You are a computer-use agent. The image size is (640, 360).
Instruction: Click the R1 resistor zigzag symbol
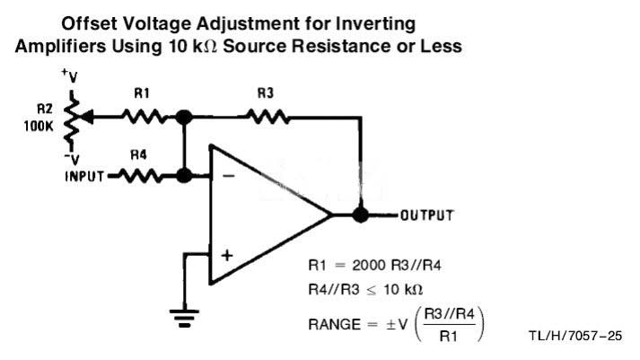(145, 117)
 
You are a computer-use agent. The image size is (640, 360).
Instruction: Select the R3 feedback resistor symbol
(267, 117)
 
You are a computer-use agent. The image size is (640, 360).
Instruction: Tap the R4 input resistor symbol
(140, 176)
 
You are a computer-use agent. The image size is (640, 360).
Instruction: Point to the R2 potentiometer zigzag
(72, 119)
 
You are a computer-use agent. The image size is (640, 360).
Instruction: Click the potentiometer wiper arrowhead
(87, 117)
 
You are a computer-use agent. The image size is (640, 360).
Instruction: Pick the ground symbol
(185, 319)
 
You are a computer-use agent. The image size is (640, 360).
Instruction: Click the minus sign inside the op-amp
(229, 176)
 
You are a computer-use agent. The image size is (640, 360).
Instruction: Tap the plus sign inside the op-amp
(227, 256)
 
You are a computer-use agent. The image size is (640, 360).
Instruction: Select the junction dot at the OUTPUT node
(361, 215)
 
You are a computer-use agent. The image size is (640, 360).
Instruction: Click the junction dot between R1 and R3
(184, 117)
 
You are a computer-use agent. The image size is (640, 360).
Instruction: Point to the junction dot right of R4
(184, 176)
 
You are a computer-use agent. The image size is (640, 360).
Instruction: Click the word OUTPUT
(427, 215)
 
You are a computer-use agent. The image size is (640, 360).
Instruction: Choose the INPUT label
(84, 176)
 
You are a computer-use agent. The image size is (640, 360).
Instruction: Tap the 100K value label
(39, 126)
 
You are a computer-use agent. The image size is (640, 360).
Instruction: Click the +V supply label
(69, 76)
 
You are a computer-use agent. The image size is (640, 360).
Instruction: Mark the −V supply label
(72, 158)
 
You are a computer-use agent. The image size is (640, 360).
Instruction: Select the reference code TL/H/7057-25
(575, 336)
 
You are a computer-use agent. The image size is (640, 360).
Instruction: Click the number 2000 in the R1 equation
(370, 266)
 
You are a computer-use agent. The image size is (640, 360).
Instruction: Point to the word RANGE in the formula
(335, 325)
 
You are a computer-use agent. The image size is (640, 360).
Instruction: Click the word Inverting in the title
(375, 24)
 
